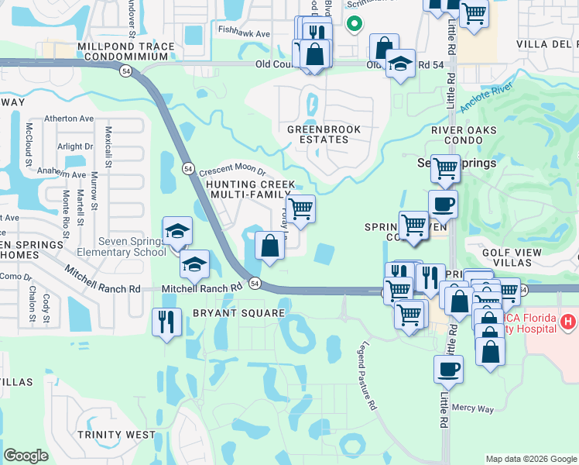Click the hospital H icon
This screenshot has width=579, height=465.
pyautogui.click(x=568, y=321)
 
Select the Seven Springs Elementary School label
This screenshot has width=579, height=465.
pyautogui.click(x=121, y=252)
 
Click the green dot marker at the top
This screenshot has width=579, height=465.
pyautogui.click(x=354, y=25)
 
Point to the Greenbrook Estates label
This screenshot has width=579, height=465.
pyautogui.click(x=324, y=134)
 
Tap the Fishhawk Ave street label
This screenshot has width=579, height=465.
pyautogui.click(x=243, y=34)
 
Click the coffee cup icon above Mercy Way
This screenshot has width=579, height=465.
pyautogui.click(x=448, y=370)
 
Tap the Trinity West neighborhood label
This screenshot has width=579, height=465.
pyautogui.click(x=116, y=435)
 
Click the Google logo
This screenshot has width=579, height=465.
pyautogui.click(x=26, y=455)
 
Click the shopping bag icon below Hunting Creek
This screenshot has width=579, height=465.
pyautogui.click(x=269, y=246)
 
